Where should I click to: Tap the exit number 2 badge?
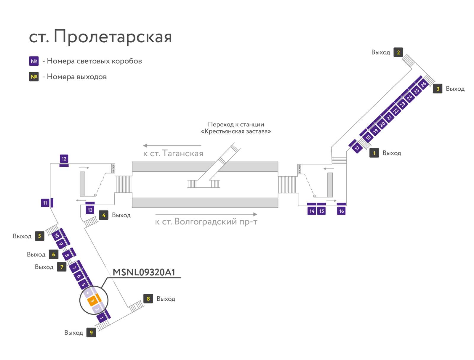(x=398, y=52)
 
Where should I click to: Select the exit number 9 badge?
(x=91, y=332)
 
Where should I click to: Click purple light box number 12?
(x=64, y=159)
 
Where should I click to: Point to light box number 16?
(x=341, y=211)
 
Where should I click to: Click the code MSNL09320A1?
(x=144, y=272)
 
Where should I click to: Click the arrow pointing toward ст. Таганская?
(x=172, y=146)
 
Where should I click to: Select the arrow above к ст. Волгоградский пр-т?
(x=206, y=214)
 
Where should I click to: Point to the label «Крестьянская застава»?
(x=236, y=131)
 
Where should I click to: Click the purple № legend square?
(x=34, y=61)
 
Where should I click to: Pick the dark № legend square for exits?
(x=34, y=77)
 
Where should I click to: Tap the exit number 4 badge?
(x=104, y=215)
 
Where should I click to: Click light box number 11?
(x=45, y=203)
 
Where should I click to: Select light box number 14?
(x=312, y=211)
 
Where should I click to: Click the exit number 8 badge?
(x=148, y=299)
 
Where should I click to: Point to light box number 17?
(x=357, y=148)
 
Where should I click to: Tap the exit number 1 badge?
(x=374, y=153)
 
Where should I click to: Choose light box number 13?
(x=90, y=210)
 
